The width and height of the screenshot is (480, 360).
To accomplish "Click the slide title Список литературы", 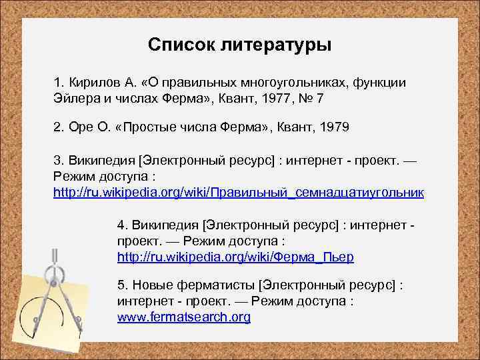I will pyautogui.click(x=239, y=45).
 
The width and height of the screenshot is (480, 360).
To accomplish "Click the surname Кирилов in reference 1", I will pyautogui.click(x=92, y=82).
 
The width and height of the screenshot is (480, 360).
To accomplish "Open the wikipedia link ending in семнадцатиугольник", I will pyautogui.click(x=239, y=192).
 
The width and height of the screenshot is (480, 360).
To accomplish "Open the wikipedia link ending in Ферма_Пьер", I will pyautogui.click(x=235, y=256).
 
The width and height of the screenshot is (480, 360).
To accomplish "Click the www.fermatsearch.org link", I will pyautogui.click(x=184, y=317).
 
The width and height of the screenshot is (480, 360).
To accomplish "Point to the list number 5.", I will pyautogui.click(x=121, y=285).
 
